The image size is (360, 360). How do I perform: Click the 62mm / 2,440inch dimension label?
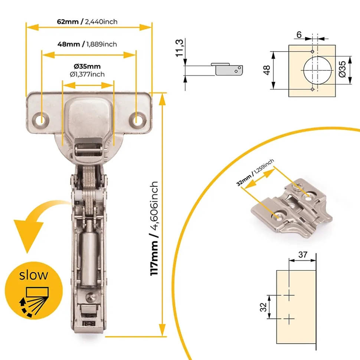87,22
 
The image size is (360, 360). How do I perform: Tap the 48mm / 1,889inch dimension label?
87,44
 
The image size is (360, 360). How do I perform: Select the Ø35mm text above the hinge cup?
87,66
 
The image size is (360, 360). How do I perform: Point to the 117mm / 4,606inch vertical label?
154,228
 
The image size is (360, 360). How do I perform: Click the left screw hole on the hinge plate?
41,120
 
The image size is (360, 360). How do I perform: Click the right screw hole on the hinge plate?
137,120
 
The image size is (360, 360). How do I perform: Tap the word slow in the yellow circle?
33,275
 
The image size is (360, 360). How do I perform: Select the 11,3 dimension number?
180,48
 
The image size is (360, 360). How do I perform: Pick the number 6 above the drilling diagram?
299,35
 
